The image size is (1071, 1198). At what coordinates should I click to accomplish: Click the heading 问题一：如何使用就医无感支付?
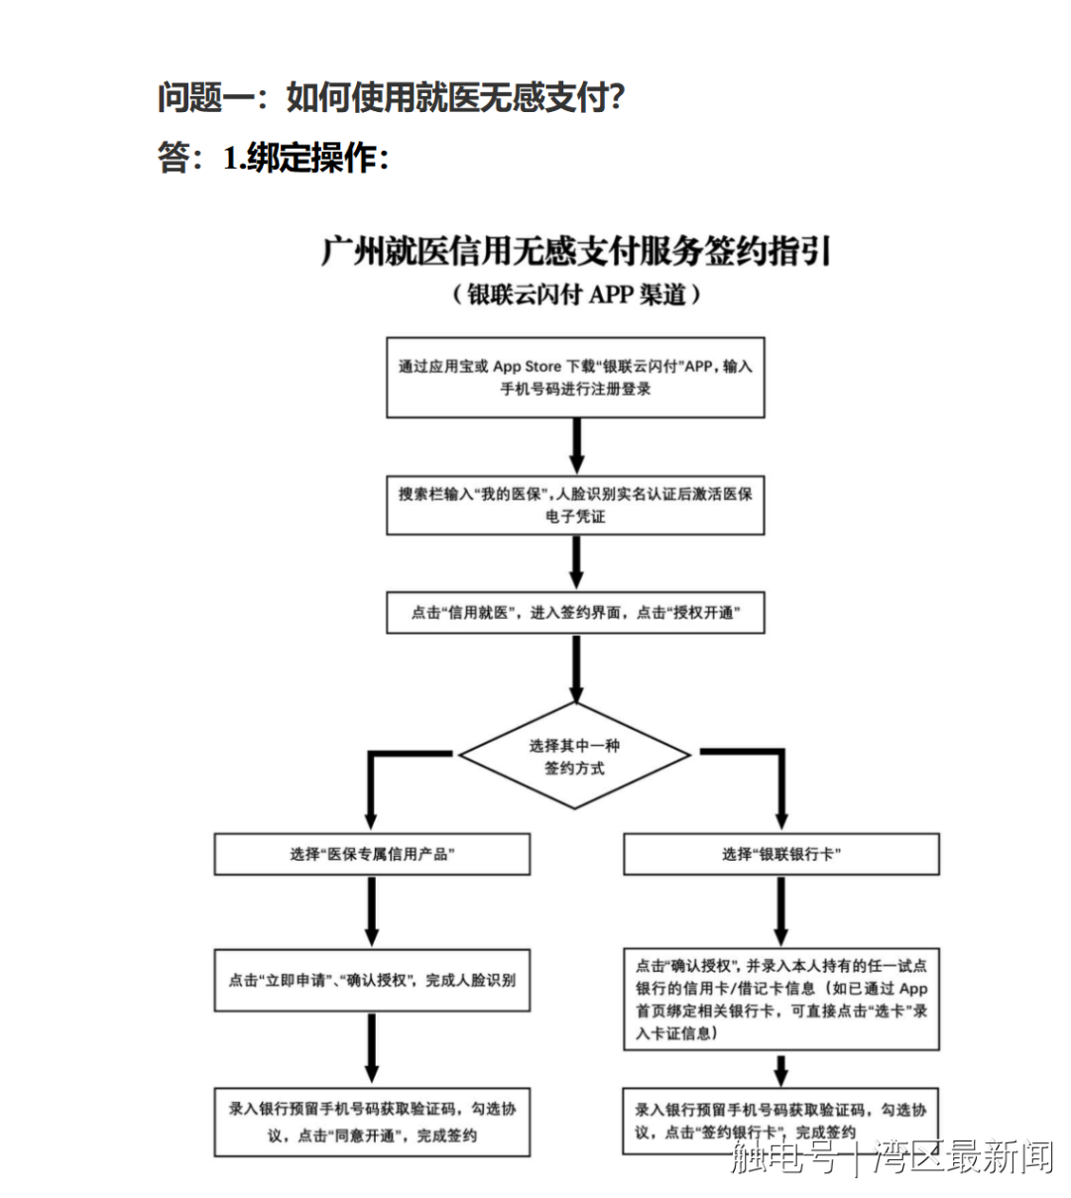pyautogui.click(x=391, y=97)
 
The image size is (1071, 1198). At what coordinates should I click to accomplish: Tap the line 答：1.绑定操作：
pyautogui.click(x=273, y=158)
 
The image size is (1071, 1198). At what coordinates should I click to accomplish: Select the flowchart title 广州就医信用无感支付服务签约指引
pyautogui.click(x=575, y=251)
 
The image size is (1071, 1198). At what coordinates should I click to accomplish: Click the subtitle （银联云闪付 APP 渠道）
pyautogui.click(x=575, y=295)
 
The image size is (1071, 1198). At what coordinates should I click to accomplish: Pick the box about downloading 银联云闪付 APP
pyautogui.click(x=575, y=378)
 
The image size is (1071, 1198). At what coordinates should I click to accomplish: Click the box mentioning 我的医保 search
pyautogui.click(x=575, y=505)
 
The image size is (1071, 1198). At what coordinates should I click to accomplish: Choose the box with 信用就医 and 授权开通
pyautogui.click(x=575, y=613)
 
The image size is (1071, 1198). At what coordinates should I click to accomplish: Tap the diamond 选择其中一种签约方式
pyautogui.click(x=575, y=757)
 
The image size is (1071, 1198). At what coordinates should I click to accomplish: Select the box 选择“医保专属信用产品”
pyautogui.click(x=372, y=854)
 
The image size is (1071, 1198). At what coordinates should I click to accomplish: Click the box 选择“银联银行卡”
pyautogui.click(x=780, y=854)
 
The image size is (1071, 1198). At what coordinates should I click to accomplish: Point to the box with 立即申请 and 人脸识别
pyautogui.click(x=372, y=980)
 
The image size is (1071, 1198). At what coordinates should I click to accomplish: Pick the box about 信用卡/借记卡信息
pyautogui.click(x=780, y=999)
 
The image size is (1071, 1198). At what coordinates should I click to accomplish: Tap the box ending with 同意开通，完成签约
pyautogui.click(x=372, y=1122)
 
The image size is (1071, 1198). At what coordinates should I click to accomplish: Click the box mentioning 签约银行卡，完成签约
pyautogui.click(x=780, y=1122)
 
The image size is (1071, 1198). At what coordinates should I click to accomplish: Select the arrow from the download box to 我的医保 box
pyautogui.click(x=576, y=446)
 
